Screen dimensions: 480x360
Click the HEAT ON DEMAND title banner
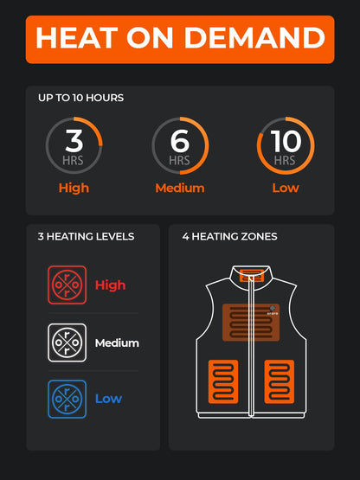[180, 38]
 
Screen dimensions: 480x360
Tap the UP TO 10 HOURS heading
[80, 98]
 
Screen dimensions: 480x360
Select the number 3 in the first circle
[74, 139]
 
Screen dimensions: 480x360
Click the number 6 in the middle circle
[180, 139]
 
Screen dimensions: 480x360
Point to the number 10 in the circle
[286, 139]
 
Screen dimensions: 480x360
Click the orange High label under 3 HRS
[74, 188]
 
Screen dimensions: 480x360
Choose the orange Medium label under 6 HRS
[180, 188]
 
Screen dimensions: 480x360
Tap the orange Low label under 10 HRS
[286, 188]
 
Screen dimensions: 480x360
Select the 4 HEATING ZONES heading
[229, 236]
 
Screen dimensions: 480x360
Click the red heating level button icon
[67, 285]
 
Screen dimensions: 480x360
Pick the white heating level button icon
[67, 342]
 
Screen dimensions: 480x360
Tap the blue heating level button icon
[67, 399]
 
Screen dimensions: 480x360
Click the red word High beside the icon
[110, 285]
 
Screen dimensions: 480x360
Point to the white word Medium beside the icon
[117, 342]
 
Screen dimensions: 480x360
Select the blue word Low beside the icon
[108, 399]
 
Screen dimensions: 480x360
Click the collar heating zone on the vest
[251, 277]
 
